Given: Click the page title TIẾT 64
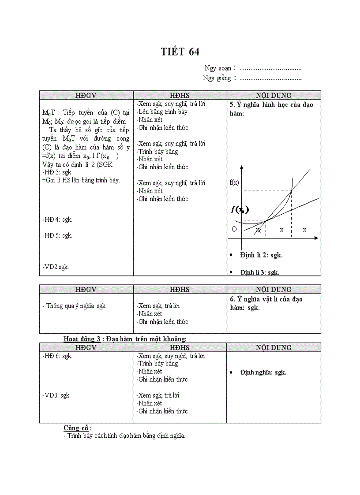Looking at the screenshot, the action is pyautogui.click(x=180, y=52).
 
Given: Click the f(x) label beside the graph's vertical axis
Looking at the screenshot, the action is pyautogui.click(x=234, y=182).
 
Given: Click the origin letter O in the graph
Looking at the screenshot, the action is pyautogui.click(x=234, y=229).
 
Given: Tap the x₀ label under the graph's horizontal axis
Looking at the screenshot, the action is pyautogui.click(x=259, y=230).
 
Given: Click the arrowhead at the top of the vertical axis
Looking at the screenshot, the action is pyautogui.click(x=241, y=167).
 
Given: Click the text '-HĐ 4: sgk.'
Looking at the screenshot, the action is pyautogui.click(x=57, y=219).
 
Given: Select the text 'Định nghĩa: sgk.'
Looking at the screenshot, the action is pyautogui.click(x=263, y=372).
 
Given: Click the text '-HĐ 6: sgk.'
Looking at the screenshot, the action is pyautogui.click(x=57, y=356).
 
